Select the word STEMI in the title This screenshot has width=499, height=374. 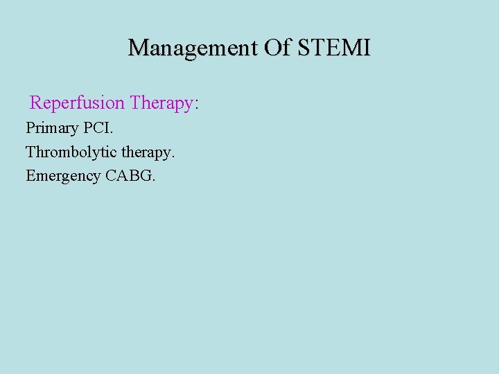(x=333, y=48)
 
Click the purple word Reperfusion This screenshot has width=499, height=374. (x=77, y=103)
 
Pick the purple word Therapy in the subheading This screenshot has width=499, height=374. (x=161, y=103)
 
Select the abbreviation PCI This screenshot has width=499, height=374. (x=98, y=128)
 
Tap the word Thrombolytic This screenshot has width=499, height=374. (x=67, y=152)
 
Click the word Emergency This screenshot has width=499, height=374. (x=63, y=176)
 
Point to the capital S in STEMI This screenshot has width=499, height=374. (x=304, y=48)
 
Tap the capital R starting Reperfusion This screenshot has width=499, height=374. (x=36, y=103)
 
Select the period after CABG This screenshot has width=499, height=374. (x=154, y=179)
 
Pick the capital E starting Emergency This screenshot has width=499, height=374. (x=30, y=176)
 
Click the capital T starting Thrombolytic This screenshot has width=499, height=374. (x=30, y=152)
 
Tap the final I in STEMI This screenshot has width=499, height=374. (x=367, y=48)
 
